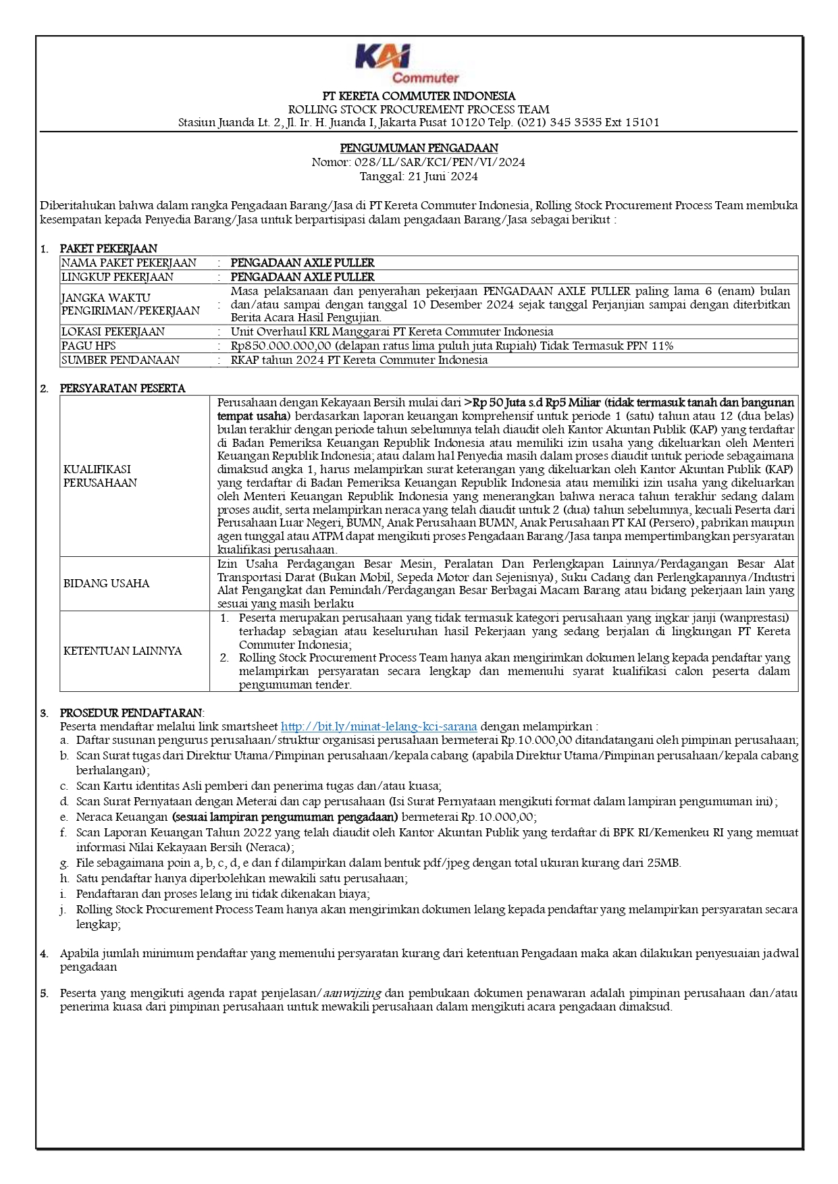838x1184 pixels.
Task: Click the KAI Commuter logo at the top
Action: (407, 63)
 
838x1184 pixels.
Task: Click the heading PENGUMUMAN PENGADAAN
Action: (419, 148)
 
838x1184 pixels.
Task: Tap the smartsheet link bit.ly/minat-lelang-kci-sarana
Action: (379, 727)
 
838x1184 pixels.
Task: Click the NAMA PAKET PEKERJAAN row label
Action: (129, 263)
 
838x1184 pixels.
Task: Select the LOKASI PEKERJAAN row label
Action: (113, 331)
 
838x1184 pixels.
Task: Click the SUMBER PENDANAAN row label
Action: (120, 360)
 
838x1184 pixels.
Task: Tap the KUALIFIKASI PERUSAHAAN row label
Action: (100, 476)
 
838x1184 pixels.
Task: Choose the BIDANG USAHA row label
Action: (106, 583)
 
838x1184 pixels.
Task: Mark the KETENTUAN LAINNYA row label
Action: (122, 651)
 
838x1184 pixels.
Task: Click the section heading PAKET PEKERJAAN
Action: (108, 248)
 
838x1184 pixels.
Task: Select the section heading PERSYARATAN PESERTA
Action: (122, 388)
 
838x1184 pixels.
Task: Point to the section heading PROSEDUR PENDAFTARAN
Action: (131, 713)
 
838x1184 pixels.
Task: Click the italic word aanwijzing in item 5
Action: (352, 993)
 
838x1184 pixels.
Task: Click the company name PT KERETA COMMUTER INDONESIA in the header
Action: (419, 96)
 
